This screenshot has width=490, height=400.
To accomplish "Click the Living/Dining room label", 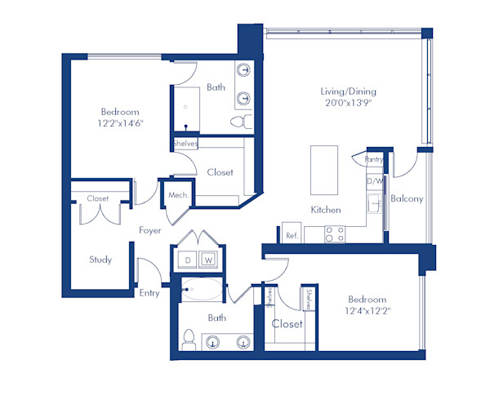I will (x=348, y=92).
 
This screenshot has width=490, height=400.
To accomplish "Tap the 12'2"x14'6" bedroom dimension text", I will (x=120, y=125).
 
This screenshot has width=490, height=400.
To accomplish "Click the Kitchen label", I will (x=325, y=210).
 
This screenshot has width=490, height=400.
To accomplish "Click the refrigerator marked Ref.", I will (x=292, y=234).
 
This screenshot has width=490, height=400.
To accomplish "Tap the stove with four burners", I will (x=334, y=234).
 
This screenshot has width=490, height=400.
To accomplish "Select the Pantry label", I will (x=374, y=160).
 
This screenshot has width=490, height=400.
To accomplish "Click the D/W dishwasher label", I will (x=375, y=181).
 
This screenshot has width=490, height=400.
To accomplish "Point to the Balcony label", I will (x=406, y=198).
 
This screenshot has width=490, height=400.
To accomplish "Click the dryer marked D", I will (x=186, y=260).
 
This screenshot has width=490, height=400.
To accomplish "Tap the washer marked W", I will (x=209, y=260).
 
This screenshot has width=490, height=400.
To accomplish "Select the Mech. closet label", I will (x=179, y=196).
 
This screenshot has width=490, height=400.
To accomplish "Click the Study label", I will (x=100, y=260).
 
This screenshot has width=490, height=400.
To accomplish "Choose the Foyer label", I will (x=149, y=231).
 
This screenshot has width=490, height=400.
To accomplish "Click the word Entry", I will (x=149, y=293).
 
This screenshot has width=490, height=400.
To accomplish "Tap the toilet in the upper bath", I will (x=238, y=122).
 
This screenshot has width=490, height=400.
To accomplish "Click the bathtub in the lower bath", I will (x=202, y=288).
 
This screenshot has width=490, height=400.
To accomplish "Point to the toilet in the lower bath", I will (x=188, y=337).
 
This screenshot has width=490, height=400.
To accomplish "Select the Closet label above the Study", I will (x=98, y=198).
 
